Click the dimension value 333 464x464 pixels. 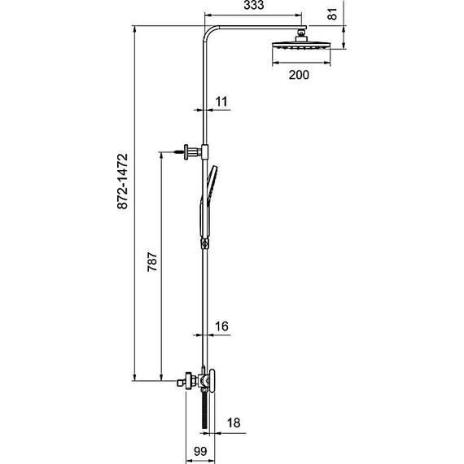tap(254, 5)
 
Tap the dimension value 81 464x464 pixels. tap(332, 14)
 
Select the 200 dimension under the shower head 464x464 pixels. tap(299, 75)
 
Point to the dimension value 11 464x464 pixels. tap(221, 102)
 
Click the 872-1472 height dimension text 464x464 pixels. tap(122, 182)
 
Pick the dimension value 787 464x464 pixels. tap(152, 261)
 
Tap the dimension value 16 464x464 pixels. tap(221, 326)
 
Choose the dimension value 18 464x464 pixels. tap(234, 423)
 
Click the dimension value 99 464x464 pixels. tap(200, 452)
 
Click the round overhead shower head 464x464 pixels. tap(301, 46)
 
